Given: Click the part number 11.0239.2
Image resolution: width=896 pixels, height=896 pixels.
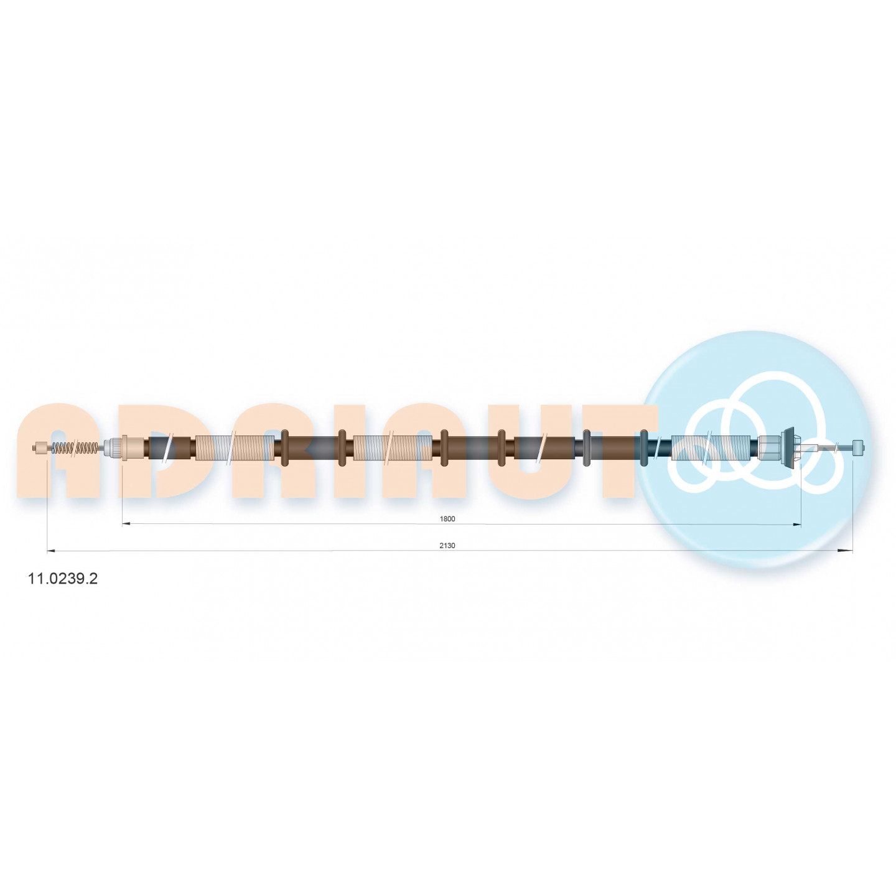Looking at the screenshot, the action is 63,579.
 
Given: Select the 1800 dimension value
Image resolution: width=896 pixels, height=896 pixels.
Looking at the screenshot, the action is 447,519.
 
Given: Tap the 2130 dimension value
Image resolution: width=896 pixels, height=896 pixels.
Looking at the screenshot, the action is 447,546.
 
